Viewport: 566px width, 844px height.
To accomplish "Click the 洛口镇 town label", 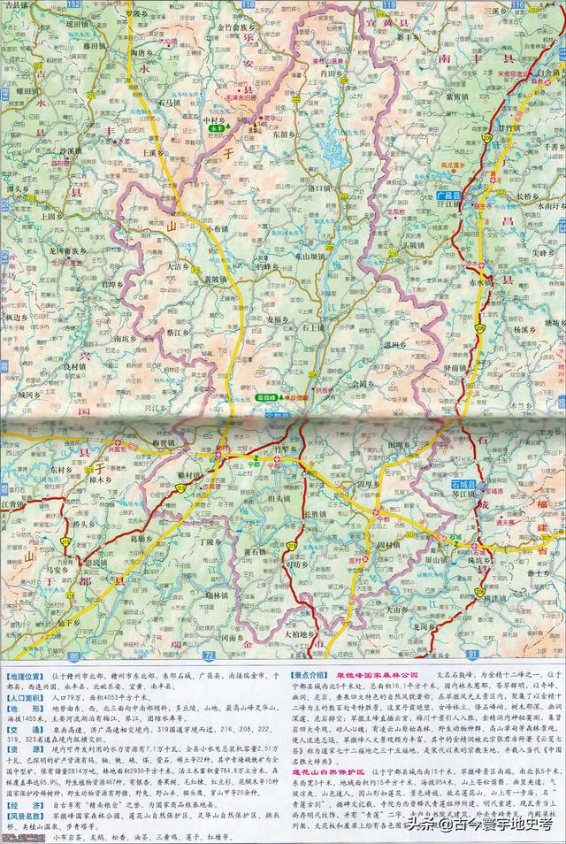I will point(318,188).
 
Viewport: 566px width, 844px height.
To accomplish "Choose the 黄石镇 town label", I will point(254,551).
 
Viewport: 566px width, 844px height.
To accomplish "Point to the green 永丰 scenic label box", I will point(216,128).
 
